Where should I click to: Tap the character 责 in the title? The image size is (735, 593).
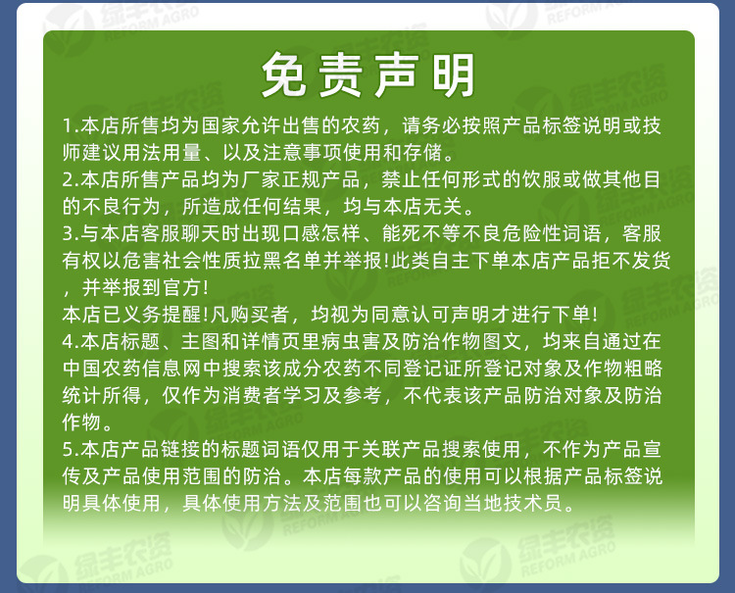[342, 75]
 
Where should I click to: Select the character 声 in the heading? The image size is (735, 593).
[396, 75]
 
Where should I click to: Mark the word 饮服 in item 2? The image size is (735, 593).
[555, 181]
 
